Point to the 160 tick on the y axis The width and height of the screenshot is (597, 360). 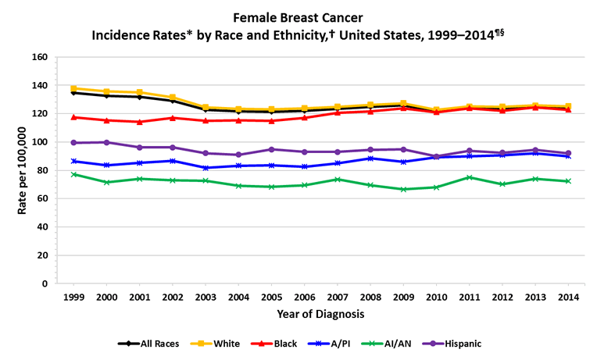[x=41, y=57]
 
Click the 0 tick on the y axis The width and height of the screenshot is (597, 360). [x=46, y=283]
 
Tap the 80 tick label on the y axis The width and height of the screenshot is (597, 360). [x=43, y=170]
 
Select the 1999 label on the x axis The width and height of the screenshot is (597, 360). [x=73, y=298]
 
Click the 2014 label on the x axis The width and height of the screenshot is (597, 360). [x=569, y=298]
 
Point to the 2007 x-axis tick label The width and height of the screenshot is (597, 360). [x=338, y=298]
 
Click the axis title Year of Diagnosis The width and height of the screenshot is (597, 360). [x=320, y=314]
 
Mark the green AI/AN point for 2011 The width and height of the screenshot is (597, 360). [x=470, y=177]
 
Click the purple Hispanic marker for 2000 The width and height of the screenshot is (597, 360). [x=106, y=142]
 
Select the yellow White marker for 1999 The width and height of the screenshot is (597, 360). [x=73, y=88]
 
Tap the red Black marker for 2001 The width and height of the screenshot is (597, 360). [x=139, y=122]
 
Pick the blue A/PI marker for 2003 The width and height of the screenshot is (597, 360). [x=206, y=168]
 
